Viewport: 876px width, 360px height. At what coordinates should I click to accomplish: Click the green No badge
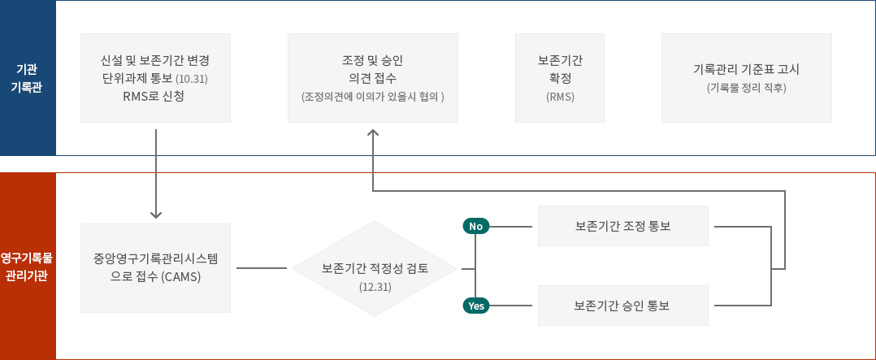pyautogui.click(x=475, y=226)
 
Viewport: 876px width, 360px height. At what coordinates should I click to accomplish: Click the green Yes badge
pyautogui.click(x=475, y=306)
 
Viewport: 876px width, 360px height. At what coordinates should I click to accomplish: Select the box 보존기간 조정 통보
pyautogui.click(x=622, y=225)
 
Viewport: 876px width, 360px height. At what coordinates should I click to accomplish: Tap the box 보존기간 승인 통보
pyautogui.click(x=622, y=306)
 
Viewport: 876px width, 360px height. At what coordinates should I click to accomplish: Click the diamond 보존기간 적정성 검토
pyautogui.click(x=375, y=268)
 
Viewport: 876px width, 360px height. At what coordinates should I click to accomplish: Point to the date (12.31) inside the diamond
pyautogui.click(x=375, y=287)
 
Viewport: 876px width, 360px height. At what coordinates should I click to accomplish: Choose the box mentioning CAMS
pyautogui.click(x=156, y=268)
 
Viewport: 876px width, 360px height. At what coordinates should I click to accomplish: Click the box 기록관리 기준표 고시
pyautogui.click(x=746, y=77)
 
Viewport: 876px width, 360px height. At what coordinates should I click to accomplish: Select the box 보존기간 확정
pyautogui.click(x=560, y=77)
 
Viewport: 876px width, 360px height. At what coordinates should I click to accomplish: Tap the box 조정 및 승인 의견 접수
pyautogui.click(x=373, y=77)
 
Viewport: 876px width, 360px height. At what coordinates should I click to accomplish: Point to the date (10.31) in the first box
pyautogui.click(x=193, y=80)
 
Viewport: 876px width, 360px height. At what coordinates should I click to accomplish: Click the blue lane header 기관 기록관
pyautogui.click(x=28, y=78)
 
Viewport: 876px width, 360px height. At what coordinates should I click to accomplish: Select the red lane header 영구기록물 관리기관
pyautogui.click(x=28, y=267)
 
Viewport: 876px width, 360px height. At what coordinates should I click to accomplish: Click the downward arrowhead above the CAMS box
pyautogui.click(x=156, y=215)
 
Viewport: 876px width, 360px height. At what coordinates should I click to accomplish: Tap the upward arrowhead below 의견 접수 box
pyautogui.click(x=373, y=132)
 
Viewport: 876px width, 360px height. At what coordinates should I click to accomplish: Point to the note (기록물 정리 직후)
pyautogui.click(x=746, y=87)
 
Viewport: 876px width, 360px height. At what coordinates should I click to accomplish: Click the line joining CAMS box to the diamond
pyautogui.click(x=261, y=268)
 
